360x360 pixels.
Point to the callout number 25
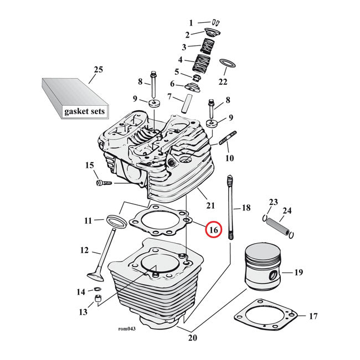point(98,69)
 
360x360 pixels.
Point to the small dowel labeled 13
point(99,300)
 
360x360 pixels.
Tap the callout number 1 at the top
point(192,23)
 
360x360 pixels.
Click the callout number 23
point(273,202)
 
